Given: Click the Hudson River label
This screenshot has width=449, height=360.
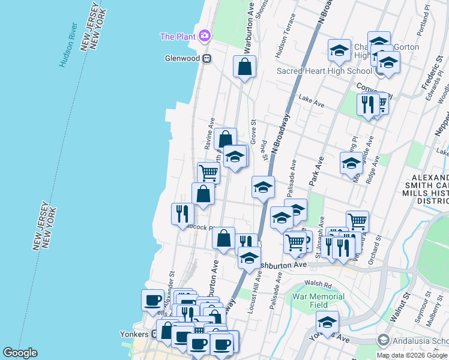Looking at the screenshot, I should point(68,45).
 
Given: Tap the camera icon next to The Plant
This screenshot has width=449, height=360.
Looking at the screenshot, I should point(205,36).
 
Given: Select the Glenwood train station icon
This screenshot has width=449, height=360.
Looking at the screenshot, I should point(206,59).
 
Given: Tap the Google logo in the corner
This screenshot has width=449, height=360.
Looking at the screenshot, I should point(20,353).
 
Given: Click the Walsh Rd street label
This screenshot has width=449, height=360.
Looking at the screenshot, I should point(318,284).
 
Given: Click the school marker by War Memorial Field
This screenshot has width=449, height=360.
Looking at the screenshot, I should point(327,322).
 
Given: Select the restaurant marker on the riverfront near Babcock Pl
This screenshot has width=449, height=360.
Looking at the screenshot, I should point(182,214).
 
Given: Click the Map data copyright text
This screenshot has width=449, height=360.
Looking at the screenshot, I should point(412,355).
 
